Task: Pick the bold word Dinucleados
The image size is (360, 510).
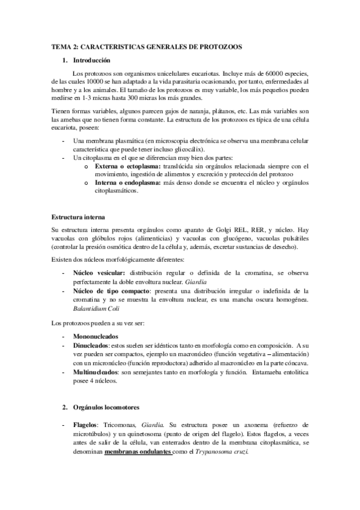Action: (x=92, y=346)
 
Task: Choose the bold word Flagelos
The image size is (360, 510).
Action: (x=85, y=425)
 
